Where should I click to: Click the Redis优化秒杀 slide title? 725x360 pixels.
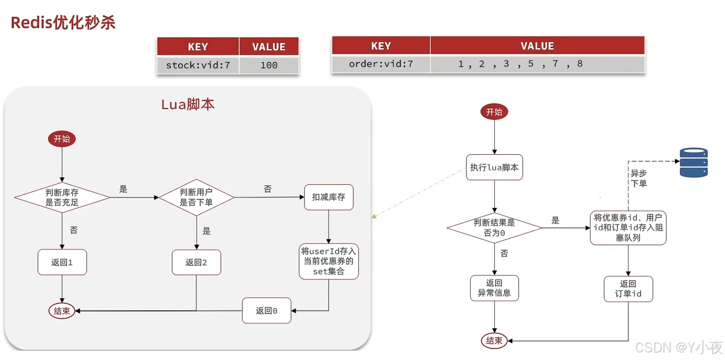63,22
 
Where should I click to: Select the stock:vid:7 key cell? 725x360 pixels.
198,65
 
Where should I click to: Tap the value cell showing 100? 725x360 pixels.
269,65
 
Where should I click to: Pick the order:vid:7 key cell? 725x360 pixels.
380,64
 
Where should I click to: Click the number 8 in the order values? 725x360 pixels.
580,63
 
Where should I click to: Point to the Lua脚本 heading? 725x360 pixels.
188,104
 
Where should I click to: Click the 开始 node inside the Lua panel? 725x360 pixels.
62,139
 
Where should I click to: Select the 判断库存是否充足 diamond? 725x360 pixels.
62,197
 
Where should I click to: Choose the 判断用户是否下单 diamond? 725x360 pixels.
196,197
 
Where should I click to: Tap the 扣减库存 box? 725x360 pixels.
329,197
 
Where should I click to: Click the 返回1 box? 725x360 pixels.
62,262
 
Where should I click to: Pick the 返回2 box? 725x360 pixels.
196,262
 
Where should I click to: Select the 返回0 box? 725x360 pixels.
266,311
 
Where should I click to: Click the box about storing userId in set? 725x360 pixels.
329,261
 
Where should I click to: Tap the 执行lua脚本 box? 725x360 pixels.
494,167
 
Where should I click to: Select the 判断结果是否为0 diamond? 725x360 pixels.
494,228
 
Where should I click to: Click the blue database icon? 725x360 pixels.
693,163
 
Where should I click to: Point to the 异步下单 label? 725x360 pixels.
638,178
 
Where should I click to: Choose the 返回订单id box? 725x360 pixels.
628,289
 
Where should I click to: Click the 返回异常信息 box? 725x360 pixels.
494,288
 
